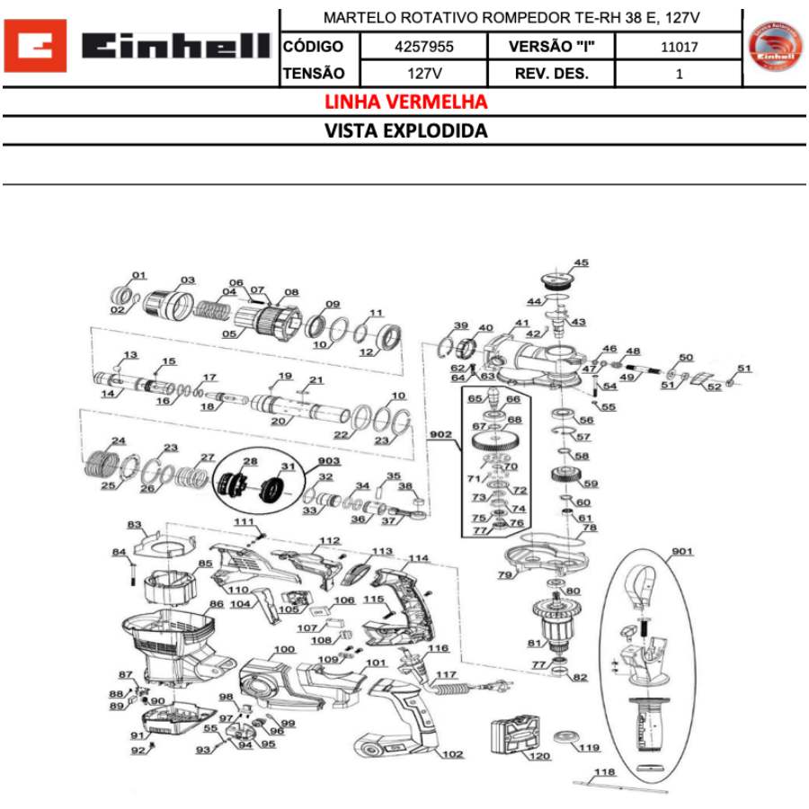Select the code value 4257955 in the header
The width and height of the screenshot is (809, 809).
pos(423,46)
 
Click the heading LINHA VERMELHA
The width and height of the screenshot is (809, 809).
pos(406,102)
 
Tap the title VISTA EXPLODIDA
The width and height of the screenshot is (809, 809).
pos(406,131)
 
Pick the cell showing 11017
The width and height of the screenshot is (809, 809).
pos(679,46)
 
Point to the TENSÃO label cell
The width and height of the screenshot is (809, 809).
pos(313,74)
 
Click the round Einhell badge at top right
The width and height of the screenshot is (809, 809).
pos(775,48)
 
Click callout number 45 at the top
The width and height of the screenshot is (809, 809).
pos(582,263)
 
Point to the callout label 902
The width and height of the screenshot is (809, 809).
pos(440,433)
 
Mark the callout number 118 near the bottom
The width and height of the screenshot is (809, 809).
pos(605,771)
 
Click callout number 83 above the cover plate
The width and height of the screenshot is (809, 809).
pos(135,523)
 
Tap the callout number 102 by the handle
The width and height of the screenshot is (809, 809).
pos(452,754)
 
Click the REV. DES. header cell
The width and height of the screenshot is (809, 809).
pos(551,74)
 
